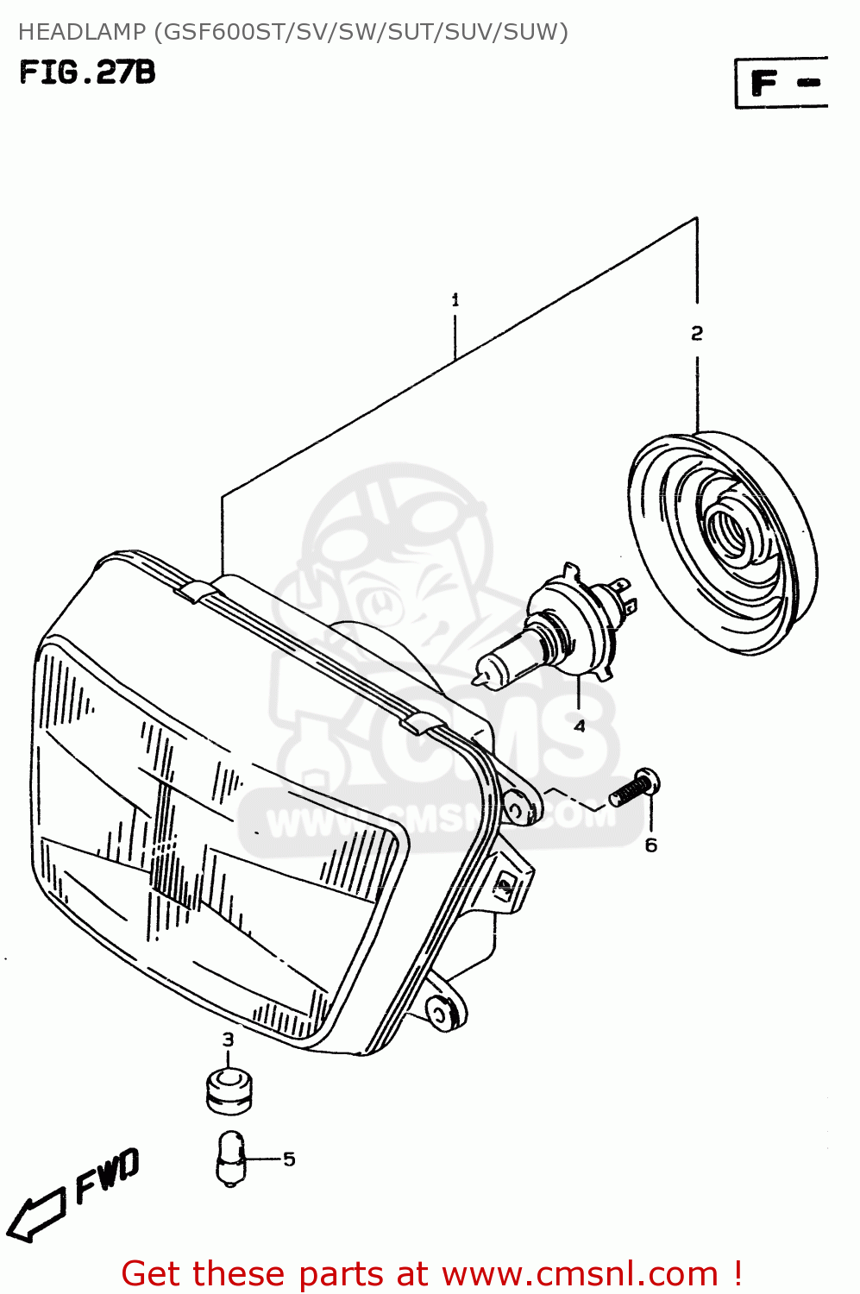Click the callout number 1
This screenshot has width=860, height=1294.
click(x=455, y=300)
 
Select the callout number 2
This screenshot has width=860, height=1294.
click(x=697, y=333)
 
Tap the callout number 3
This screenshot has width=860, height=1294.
click(x=228, y=1040)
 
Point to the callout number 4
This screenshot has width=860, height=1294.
click(x=579, y=726)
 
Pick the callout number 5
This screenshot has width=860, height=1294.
click(x=289, y=1159)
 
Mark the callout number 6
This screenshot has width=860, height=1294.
click(x=651, y=845)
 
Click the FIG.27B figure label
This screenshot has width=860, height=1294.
click(x=87, y=72)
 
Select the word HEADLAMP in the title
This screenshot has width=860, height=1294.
click(x=82, y=32)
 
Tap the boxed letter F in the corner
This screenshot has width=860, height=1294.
click(x=765, y=84)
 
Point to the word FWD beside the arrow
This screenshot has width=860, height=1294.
click(x=107, y=1175)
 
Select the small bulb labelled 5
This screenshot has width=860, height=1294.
click(x=230, y=1159)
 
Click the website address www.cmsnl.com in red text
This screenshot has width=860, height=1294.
click(x=580, y=1274)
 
